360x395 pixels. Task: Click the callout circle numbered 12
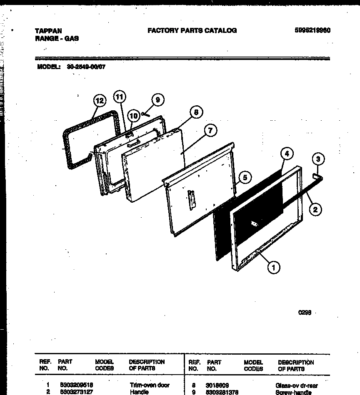pos(99,101)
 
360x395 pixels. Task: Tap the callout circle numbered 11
pos(120,97)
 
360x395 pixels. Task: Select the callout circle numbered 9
pos(157,100)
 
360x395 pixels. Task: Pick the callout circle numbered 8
pos(196,112)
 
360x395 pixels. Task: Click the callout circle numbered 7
pos(210,131)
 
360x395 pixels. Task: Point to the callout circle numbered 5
pos(245,178)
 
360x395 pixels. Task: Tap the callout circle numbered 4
pos(286,154)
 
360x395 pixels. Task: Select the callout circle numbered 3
pos(318,159)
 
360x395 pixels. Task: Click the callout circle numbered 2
pos(315,210)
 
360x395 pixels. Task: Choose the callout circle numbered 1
pos(274,268)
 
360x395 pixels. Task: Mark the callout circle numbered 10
pos(133,115)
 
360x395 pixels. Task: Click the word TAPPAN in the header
pos(48,31)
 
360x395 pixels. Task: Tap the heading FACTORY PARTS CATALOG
pos(192,30)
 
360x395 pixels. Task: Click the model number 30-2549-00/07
pos(86,66)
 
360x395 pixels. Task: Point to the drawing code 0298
pos(305,313)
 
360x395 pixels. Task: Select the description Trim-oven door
pos(150,385)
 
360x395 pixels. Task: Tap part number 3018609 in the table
pos(217,385)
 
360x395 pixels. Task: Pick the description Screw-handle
pos(293,392)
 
